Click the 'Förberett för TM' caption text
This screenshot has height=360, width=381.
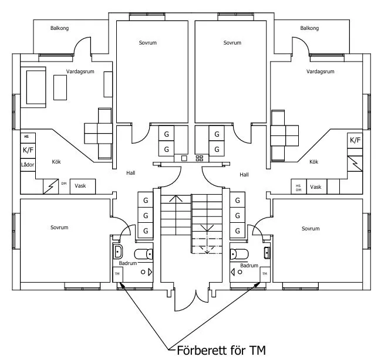pyautogui.click(x=221, y=350)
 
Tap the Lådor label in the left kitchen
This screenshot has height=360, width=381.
pyautogui.click(x=28, y=165)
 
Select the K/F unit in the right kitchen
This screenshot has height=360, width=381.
pyautogui.click(x=355, y=140)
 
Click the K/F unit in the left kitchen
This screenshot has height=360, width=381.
pyautogui.click(x=28, y=150)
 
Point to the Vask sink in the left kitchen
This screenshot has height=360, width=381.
pyautogui.click(x=83, y=186)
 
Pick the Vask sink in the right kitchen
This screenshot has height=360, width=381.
pyautogui.click(x=316, y=186)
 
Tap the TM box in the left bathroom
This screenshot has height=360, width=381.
pyautogui.click(x=117, y=274)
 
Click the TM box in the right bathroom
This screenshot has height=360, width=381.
pyautogui.click(x=265, y=274)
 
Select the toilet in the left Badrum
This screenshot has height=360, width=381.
pyautogui.click(x=144, y=254)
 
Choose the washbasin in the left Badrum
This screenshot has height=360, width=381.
pyautogui.click(x=118, y=252)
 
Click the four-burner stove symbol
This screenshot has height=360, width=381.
pyautogui.click(x=200, y=158)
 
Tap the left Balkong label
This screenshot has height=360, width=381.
pyautogui.click(x=59, y=28)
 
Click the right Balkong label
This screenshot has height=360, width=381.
pyautogui.click(x=309, y=28)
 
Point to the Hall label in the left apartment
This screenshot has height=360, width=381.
pyautogui.click(x=130, y=173)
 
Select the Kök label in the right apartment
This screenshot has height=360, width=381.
pyautogui.click(x=313, y=162)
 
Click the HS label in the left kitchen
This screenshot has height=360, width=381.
pyautogui.click(x=26, y=137)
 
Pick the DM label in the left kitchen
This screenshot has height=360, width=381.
pyautogui.click(x=64, y=184)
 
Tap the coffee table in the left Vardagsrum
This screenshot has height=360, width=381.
pyautogui.click(x=60, y=87)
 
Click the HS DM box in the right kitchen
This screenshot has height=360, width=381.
pyautogui.click(x=299, y=186)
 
